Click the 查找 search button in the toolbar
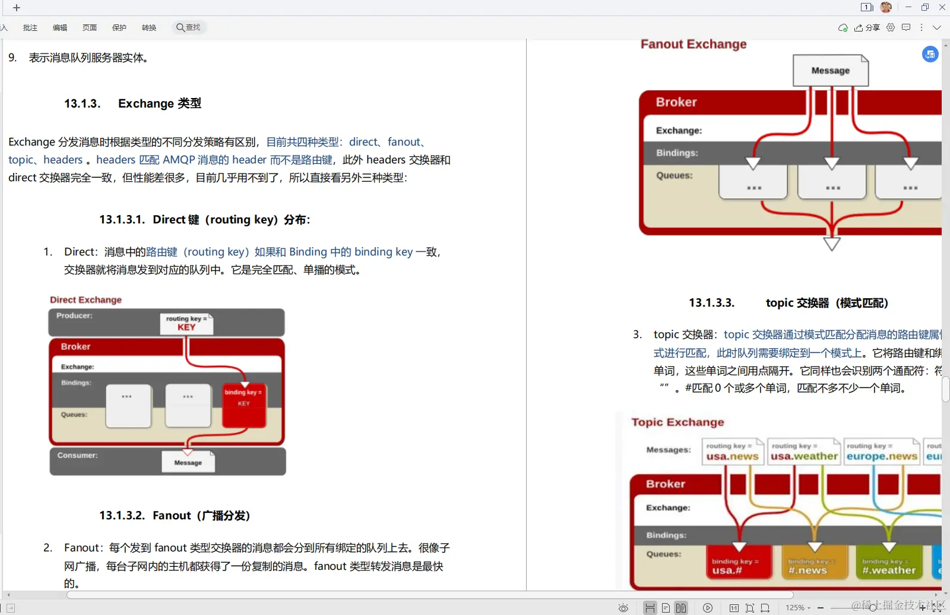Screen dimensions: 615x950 [189, 27]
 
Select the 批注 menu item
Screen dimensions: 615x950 [30, 28]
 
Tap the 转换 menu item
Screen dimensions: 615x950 [149, 28]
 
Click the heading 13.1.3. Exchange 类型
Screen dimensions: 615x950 [132, 103]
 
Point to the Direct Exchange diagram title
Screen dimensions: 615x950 [85, 300]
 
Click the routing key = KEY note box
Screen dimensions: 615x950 [186, 324]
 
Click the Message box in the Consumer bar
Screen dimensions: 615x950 [188, 462]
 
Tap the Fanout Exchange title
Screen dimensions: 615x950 [693, 45]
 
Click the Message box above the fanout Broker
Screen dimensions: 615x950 [830, 71]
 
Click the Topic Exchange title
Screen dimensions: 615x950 [677, 422]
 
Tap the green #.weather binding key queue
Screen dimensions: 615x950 [889, 565]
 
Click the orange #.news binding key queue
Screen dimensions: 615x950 [814, 565]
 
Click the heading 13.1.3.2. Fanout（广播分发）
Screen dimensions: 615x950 [175, 515]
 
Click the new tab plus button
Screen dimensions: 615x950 [17, 8]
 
